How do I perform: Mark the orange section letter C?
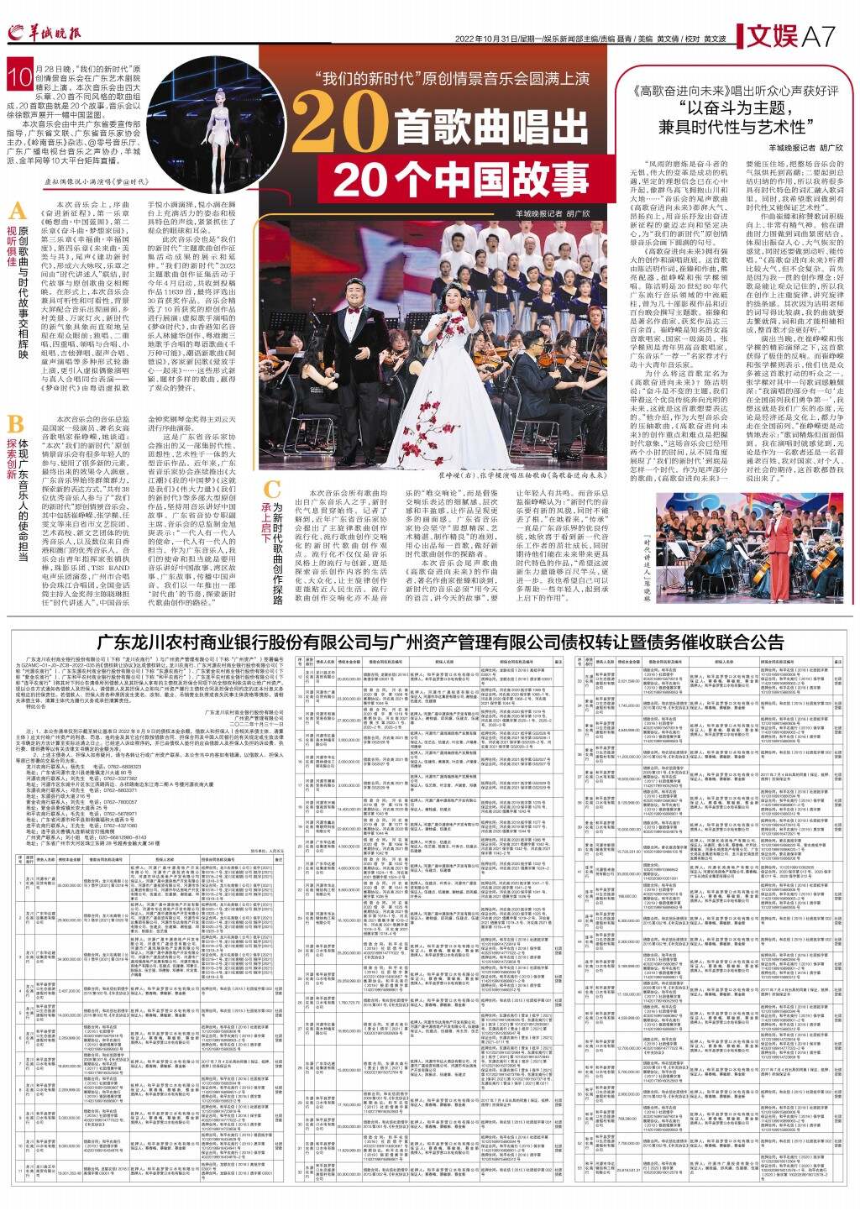click(x=271, y=490)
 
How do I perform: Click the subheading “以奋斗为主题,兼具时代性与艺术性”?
click(x=733, y=118)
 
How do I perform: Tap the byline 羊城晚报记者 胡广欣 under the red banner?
click(x=545, y=213)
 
